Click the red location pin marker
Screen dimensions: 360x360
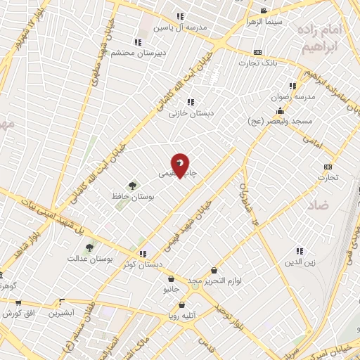(181, 165)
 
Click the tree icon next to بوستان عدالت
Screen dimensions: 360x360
(89, 247)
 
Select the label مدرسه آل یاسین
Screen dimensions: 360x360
(184, 27)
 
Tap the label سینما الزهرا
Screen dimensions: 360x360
(264, 21)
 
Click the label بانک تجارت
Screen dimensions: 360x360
(258, 63)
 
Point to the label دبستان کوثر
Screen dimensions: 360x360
(143, 264)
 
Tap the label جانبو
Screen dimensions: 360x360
(171, 288)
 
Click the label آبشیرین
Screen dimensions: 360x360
(62, 313)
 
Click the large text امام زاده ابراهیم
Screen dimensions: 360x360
(323, 39)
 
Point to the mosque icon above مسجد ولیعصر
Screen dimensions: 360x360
(281, 110)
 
